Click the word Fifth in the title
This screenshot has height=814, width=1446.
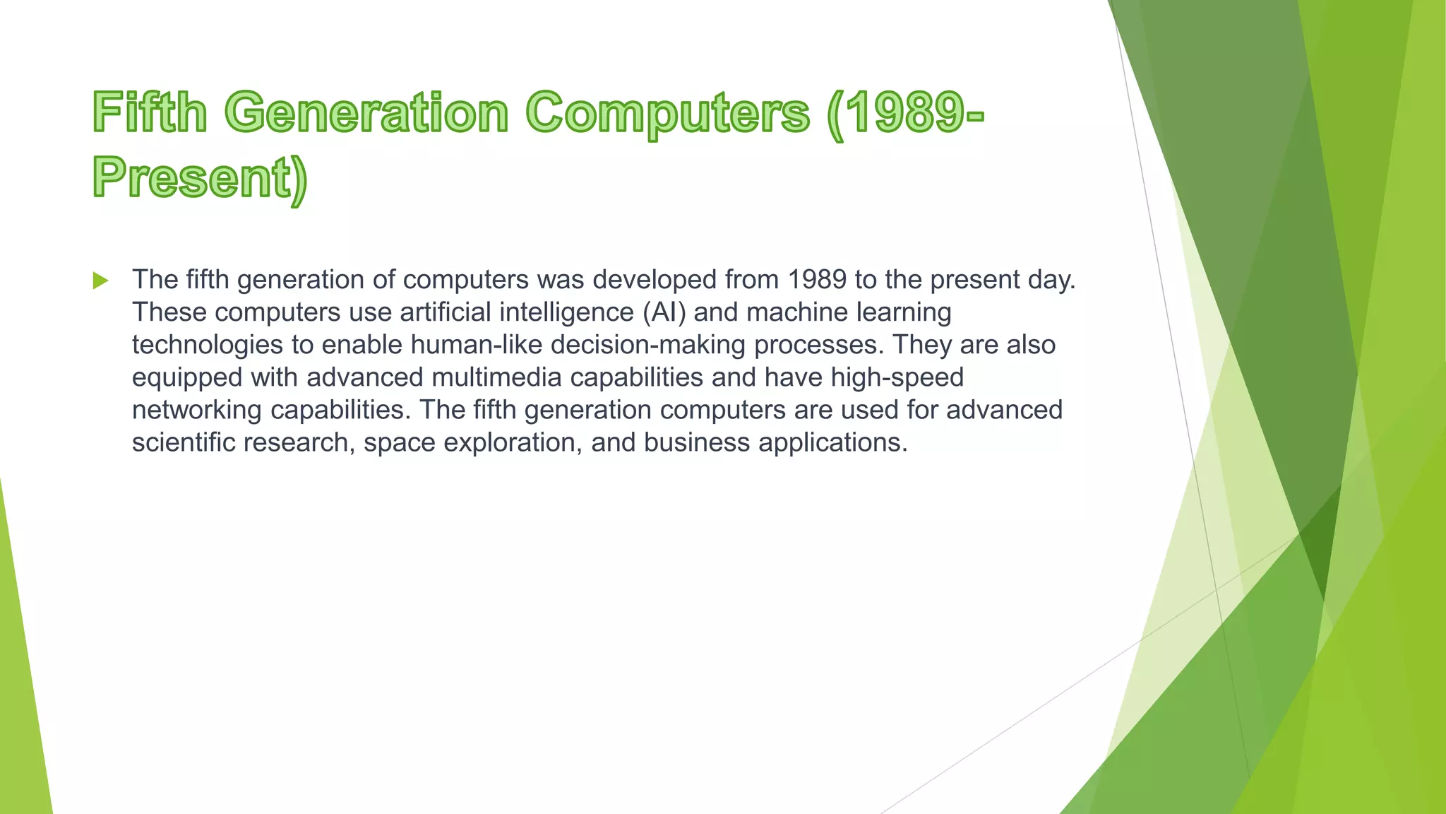150,113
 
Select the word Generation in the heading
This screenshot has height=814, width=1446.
366,113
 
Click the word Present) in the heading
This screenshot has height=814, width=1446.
200,178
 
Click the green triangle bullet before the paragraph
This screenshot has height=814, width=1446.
100,281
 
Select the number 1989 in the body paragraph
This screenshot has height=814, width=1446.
817,280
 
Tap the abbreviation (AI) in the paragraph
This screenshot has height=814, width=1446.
664,312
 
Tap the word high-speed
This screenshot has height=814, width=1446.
897,377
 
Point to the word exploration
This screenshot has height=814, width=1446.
512,442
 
